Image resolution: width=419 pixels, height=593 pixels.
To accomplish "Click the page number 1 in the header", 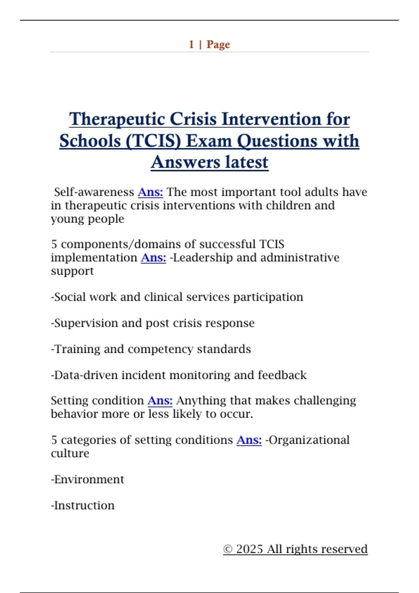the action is pyautogui.click(x=191, y=45).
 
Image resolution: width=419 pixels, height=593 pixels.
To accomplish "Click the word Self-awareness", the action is pyautogui.click(x=94, y=192).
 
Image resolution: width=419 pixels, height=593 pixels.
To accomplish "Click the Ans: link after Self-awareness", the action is pyautogui.click(x=150, y=192).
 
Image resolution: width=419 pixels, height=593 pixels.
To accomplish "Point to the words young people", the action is pyautogui.click(x=87, y=219).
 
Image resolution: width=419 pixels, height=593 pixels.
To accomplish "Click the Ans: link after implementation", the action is pyautogui.click(x=153, y=258).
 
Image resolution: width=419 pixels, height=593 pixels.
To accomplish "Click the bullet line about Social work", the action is pyautogui.click(x=177, y=297).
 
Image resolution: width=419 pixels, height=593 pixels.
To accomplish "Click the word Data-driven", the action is pyautogui.click(x=86, y=375).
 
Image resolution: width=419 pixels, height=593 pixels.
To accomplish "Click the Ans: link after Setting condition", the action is pyautogui.click(x=160, y=401).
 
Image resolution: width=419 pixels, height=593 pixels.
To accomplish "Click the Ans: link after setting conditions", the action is pyautogui.click(x=249, y=440).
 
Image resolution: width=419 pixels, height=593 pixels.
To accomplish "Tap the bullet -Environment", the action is pyautogui.click(x=87, y=480).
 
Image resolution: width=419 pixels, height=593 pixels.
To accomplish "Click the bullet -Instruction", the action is pyautogui.click(x=83, y=506).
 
